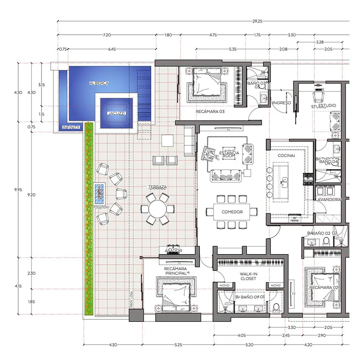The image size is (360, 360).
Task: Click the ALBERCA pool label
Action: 99,83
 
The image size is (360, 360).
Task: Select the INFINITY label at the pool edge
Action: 71,127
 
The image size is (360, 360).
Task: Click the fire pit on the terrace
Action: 99,193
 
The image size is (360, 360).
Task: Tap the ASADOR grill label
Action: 172,251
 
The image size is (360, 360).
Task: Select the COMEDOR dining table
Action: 232,212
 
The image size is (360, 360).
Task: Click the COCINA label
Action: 286,155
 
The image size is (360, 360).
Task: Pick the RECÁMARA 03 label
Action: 210,112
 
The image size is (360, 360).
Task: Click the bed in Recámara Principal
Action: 175,293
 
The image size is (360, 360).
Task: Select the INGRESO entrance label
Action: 281,103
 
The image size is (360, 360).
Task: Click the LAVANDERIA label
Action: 328,199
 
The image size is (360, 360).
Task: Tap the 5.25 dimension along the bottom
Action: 178,345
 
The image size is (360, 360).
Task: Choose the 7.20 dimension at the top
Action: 107,35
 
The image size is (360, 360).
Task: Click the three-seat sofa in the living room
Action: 225,174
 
